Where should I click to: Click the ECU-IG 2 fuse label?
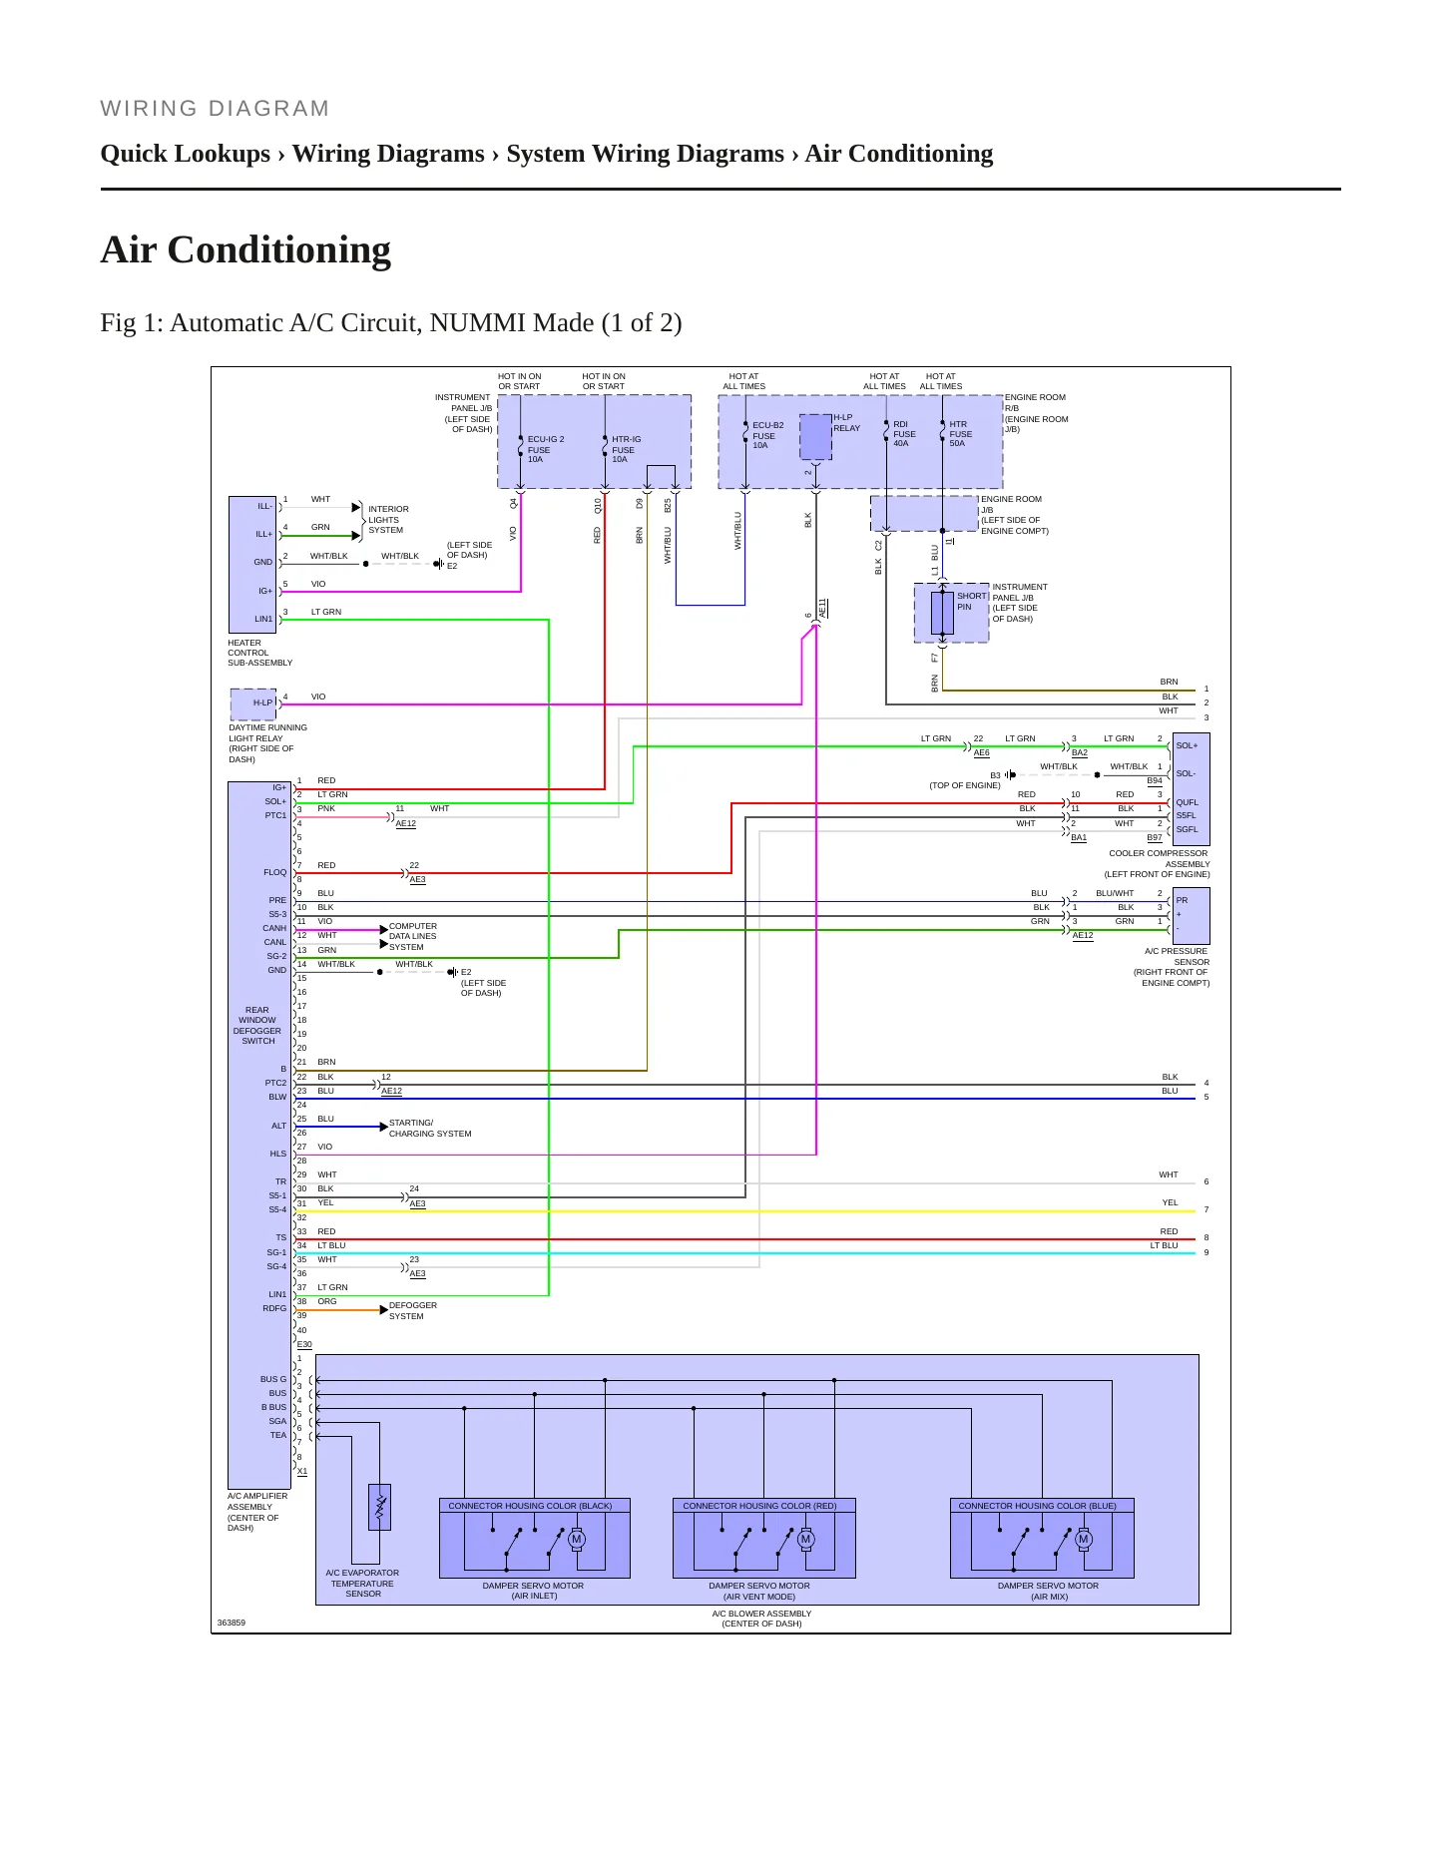(546, 449)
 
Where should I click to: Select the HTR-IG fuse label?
(626, 449)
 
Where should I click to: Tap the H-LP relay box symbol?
(815, 437)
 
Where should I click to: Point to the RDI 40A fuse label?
(904, 434)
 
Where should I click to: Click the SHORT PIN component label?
(971, 601)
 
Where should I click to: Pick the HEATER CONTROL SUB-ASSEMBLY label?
(259, 653)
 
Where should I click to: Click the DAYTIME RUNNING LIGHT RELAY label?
(267, 743)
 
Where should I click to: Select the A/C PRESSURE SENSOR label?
(1173, 967)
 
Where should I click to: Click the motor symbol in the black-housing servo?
(576, 1539)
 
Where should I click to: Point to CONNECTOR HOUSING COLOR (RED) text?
(759, 1506)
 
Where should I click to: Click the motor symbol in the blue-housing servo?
(1084, 1539)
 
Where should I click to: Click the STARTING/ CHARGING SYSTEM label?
(430, 1128)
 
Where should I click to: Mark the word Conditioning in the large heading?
(279, 250)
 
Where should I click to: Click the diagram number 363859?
(232, 1623)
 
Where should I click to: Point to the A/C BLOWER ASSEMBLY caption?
(761, 1619)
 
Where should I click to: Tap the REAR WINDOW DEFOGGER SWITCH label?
(257, 1025)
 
